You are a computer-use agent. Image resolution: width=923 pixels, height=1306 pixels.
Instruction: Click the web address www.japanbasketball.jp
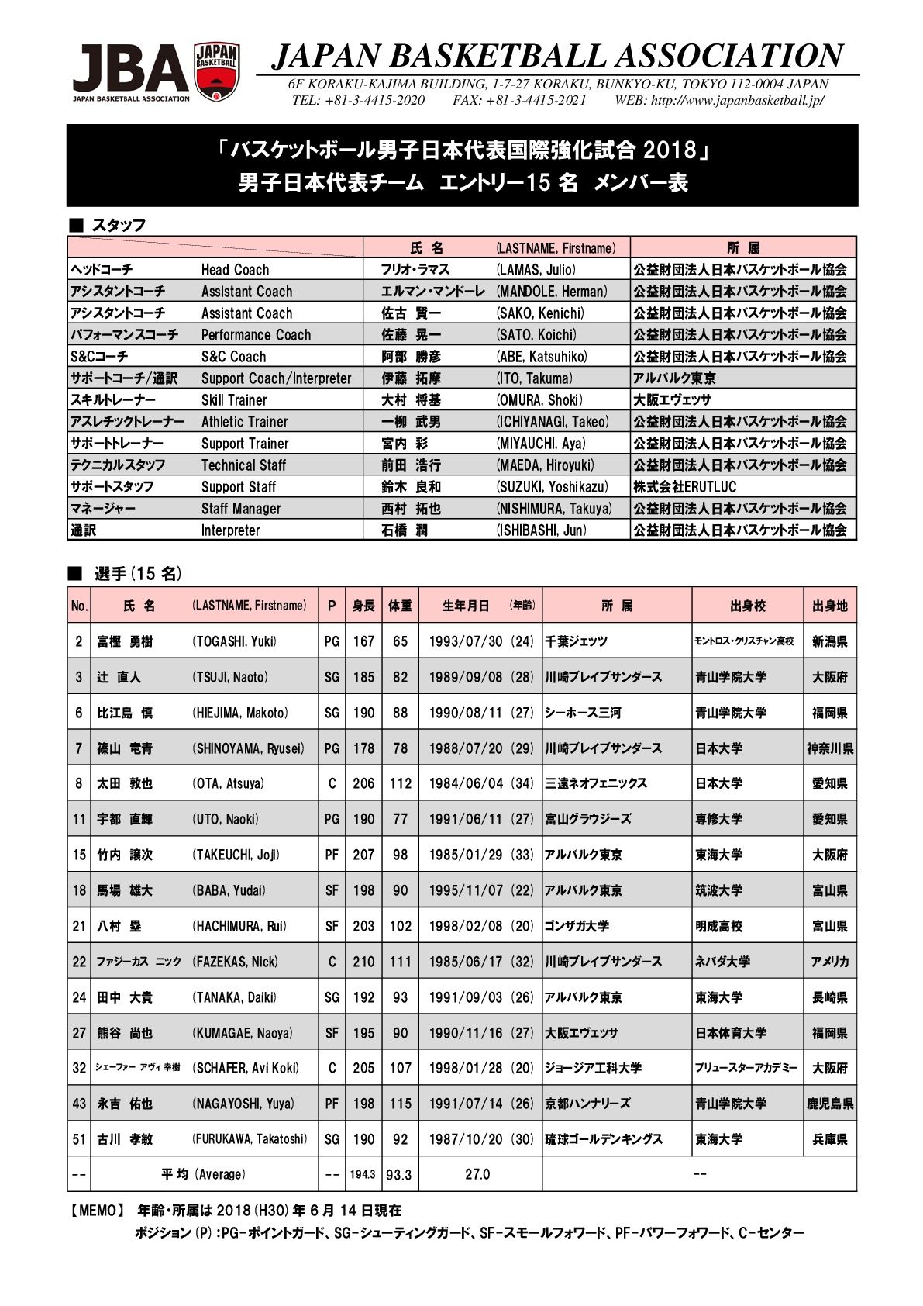coord(736,100)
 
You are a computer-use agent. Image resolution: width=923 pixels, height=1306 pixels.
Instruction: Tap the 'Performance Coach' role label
coord(256,335)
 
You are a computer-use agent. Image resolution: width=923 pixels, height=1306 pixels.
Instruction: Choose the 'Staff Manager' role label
coord(241,509)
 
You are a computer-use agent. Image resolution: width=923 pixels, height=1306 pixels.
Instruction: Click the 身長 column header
coord(363,606)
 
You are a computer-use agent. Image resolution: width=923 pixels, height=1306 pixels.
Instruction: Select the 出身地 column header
coord(830,606)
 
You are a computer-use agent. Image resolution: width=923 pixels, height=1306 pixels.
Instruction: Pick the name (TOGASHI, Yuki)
coord(234,641)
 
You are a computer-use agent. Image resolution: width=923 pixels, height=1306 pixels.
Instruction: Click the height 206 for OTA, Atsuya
coord(363,783)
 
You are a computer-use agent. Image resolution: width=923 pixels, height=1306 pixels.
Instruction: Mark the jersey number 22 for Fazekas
coord(79,962)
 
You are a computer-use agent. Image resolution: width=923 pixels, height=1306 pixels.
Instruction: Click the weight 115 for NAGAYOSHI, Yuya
coord(400,1104)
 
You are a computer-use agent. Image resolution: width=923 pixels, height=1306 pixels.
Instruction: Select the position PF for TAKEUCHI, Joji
coord(332,855)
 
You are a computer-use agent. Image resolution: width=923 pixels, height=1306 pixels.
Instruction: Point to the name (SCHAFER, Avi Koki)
coord(246,1068)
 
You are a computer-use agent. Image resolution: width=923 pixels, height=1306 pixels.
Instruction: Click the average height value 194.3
coord(363,1175)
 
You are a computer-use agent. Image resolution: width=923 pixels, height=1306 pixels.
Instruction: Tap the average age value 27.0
coord(477,1175)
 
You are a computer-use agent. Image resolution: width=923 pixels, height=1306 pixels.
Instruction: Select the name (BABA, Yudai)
coord(229,890)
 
